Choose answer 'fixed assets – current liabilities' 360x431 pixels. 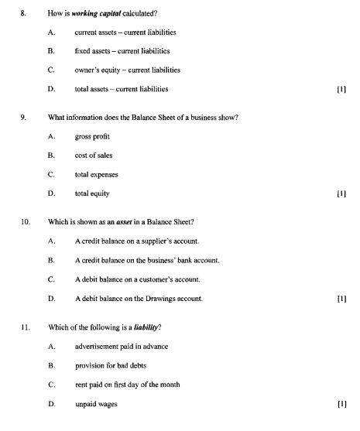click(x=122, y=50)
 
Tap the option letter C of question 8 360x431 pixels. click(x=51, y=70)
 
